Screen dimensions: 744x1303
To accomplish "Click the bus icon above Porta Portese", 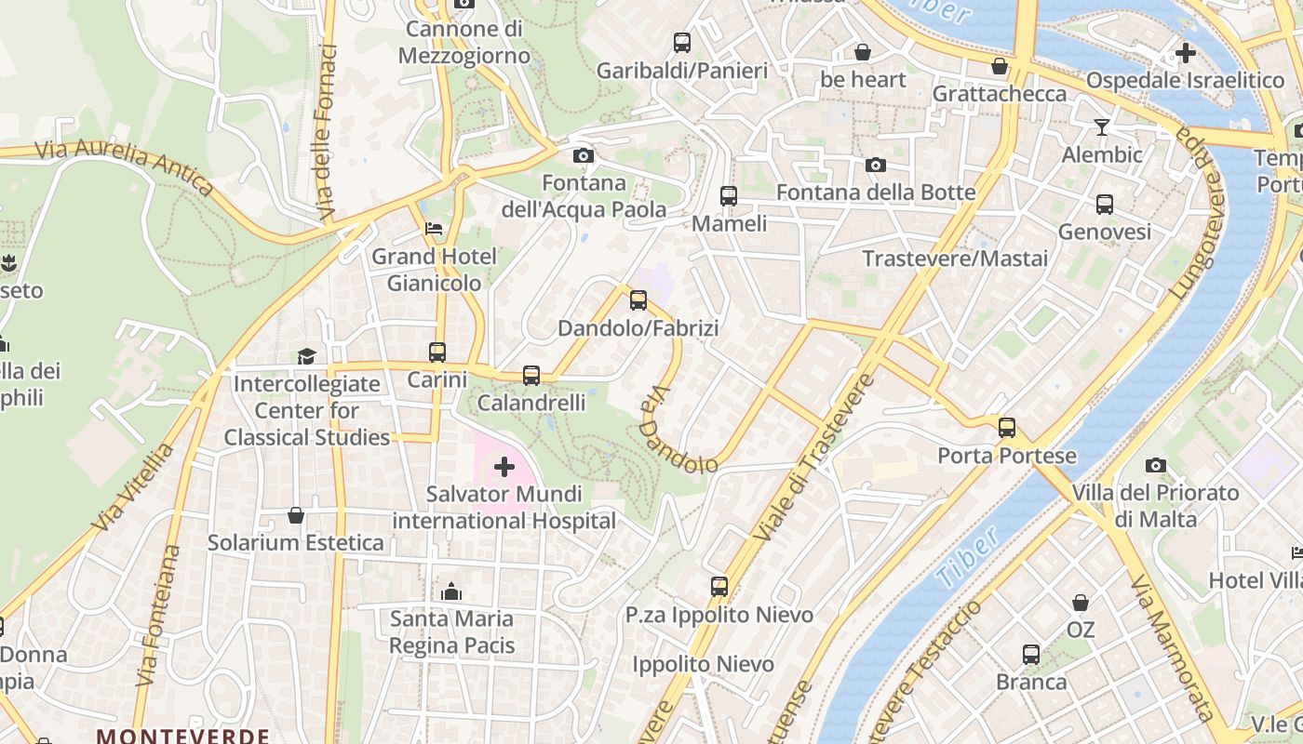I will (x=1007, y=428).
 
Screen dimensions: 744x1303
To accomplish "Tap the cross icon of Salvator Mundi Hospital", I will (x=504, y=466).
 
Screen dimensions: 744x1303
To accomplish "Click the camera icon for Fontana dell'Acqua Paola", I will (x=584, y=155).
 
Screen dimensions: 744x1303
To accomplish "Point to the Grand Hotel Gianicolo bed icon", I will (x=434, y=228).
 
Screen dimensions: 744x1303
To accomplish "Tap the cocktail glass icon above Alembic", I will (x=1102, y=127).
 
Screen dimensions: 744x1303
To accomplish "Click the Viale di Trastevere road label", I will (x=815, y=458).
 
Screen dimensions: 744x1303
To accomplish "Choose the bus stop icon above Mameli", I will (x=729, y=196).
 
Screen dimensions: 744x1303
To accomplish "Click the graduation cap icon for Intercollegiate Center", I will (x=306, y=356).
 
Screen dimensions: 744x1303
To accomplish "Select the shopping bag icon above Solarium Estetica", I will (x=296, y=515).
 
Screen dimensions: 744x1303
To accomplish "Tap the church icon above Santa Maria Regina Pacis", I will (x=451, y=591).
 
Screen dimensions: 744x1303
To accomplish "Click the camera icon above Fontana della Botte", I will (x=876, y=165).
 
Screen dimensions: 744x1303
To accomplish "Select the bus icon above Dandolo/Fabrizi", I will (x=638, y=300).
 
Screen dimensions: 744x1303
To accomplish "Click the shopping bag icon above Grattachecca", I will (x=1000, y=67).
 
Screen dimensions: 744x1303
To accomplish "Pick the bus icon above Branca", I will (x=1031, y=655).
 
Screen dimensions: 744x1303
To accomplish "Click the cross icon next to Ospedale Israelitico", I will (x=1185, y=53).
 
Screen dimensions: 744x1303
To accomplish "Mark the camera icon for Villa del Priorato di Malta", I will (x=1156, y=465).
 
